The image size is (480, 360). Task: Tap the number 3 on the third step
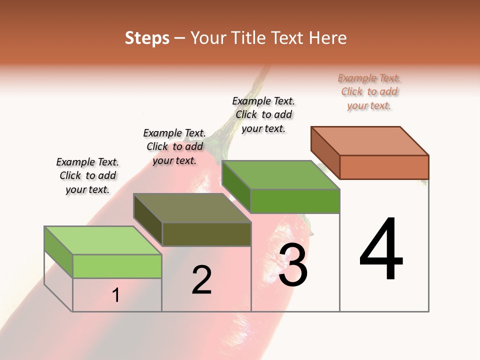coord(293,265)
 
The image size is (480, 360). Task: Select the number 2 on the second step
coord(201,279)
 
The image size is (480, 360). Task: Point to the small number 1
coord(116,295)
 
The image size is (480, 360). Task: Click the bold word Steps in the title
coord(147,38)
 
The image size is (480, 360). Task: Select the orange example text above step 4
coord(369,91)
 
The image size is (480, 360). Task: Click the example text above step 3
coord(263,114)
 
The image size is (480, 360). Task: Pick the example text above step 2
coord(174,146)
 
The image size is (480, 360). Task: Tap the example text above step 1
coord(87,175)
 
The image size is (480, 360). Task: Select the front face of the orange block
coord(384,167)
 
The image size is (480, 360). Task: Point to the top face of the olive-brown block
coord(192,207)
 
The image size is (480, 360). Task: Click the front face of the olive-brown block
coord(206,234)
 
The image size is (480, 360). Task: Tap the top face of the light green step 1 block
coord(102,240)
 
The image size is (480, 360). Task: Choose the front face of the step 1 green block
coord(117,266)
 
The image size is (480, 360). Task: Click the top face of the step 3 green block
coord(280,175)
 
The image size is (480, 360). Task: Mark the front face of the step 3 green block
coord(295,201)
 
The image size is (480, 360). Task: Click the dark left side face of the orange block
coord(325,152)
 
